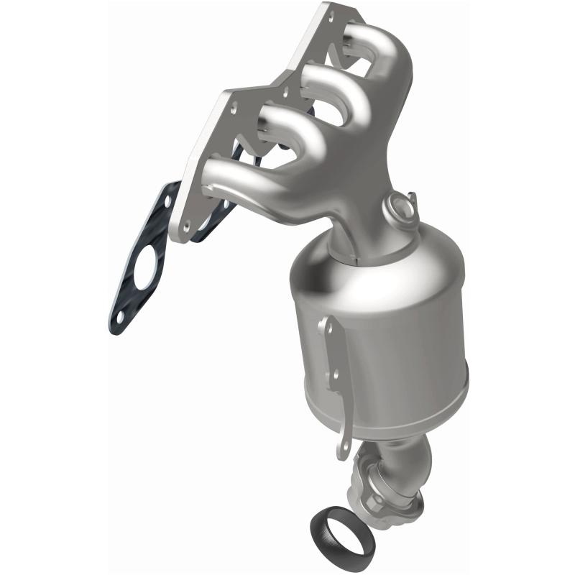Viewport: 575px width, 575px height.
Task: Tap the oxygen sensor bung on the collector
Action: (x=398, y=206)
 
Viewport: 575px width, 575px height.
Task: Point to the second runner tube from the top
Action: (x=338, y=79)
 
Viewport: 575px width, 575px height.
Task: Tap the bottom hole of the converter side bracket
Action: (x=344, y=432)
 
